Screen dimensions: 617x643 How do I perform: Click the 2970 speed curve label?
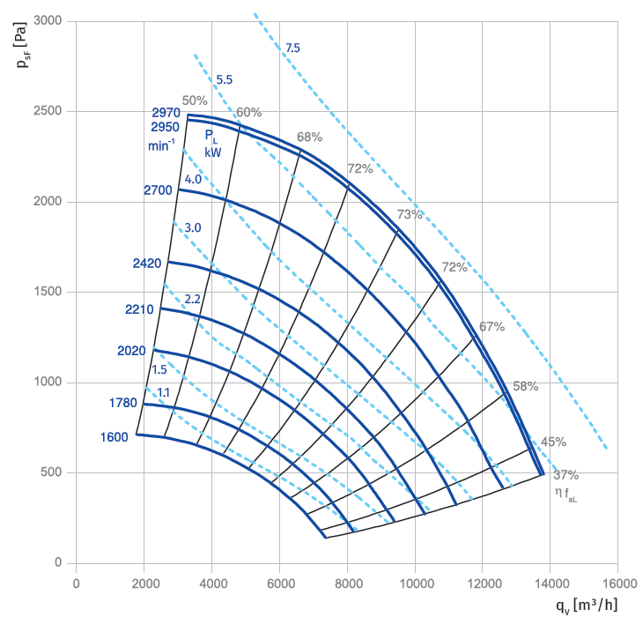166,113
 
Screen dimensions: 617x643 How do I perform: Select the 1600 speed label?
115,436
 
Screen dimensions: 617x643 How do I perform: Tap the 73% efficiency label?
410,214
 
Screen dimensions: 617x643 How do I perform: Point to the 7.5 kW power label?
293,48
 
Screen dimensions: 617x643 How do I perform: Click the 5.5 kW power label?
225,79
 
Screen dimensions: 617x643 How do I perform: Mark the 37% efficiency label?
566,475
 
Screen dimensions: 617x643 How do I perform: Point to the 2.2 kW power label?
193,300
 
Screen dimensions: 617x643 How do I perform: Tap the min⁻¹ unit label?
161,144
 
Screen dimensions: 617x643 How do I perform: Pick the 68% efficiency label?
310,137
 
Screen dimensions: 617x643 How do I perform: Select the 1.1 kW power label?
164,392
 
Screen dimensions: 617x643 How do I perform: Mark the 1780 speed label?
124,404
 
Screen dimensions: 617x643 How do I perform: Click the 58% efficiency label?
526,386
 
